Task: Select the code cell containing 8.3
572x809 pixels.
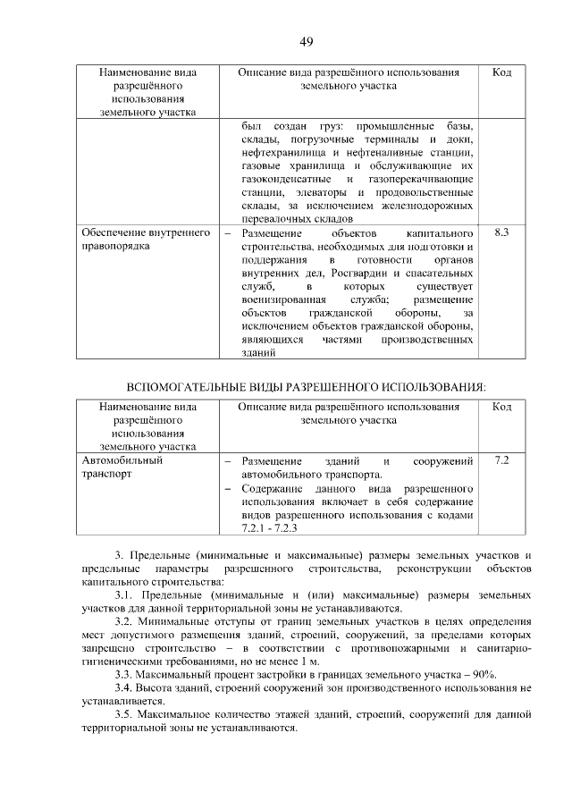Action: click(x=501, y=232)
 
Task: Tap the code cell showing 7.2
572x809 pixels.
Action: click(x=501, y=460)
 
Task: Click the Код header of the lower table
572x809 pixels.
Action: click(x=501, y=407)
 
